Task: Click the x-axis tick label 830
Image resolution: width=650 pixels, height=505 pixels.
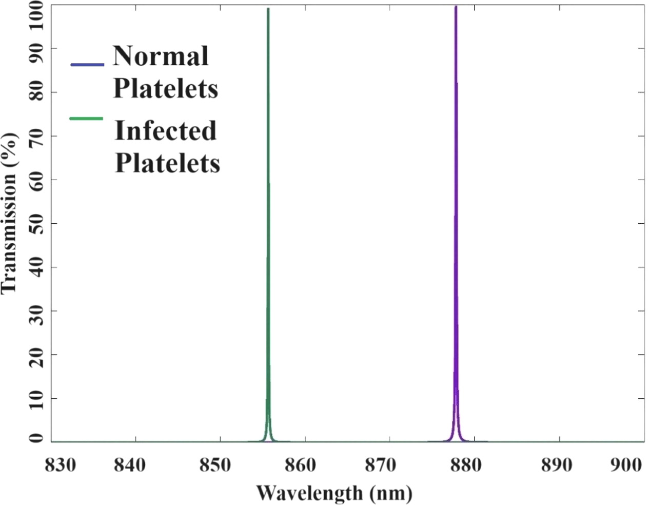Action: [x=60, y=465]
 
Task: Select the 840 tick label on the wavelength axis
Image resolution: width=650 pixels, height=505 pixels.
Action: [x=129, y=465]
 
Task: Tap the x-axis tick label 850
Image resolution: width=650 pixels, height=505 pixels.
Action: [x=215, y=465]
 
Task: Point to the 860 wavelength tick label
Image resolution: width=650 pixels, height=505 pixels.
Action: [x=300, y=465]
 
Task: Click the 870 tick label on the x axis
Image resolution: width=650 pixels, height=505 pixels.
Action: [x=380, y=465]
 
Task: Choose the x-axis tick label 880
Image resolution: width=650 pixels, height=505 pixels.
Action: [x=466, y=465]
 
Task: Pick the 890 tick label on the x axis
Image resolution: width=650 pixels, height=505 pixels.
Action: [x=557, y=465]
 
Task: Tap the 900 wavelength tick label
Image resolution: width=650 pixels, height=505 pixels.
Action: [x=626, y=465]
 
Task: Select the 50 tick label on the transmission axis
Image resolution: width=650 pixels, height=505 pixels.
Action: [x=36, y=223]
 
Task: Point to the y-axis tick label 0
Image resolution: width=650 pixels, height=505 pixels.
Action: [x=36, y=438]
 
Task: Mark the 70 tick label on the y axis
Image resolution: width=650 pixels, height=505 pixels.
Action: [x=36, y=136]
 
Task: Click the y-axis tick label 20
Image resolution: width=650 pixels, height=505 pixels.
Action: [x=36, y=355]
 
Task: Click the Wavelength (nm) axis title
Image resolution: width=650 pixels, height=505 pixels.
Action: [x=334, y=493]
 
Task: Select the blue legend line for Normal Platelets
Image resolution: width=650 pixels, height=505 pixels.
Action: [x=87, y=65]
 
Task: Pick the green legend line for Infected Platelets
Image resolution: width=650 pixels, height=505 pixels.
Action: [x=86, y=119]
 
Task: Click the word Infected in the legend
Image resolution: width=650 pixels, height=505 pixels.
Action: [x=165, y=130]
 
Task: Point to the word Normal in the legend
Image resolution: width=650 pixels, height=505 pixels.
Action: [x=161, y=56]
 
